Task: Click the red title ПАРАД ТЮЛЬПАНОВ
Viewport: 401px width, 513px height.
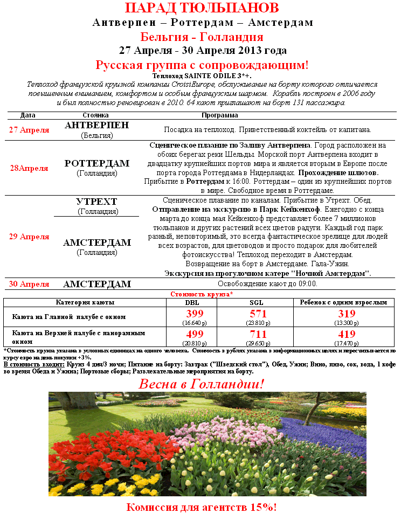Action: pos(202,9)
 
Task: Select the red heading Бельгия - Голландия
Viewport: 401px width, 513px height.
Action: pos(202,37)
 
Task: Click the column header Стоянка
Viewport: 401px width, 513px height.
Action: pos(96,115)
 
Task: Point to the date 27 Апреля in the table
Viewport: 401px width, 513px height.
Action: pos(29,130)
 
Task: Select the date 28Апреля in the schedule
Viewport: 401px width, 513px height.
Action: pos(29,168)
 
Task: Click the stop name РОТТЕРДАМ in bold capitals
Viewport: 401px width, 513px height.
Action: pos(97,163)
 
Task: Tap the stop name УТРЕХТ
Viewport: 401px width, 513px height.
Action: pos(97,202)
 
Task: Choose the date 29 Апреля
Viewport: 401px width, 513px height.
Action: pos(29,237)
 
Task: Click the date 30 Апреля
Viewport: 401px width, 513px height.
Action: pos(29,284)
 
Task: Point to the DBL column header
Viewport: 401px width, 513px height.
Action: pos(192,303)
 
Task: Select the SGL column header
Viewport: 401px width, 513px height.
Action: pos(257,303)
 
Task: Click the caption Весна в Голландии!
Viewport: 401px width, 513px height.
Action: pos(202,384)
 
